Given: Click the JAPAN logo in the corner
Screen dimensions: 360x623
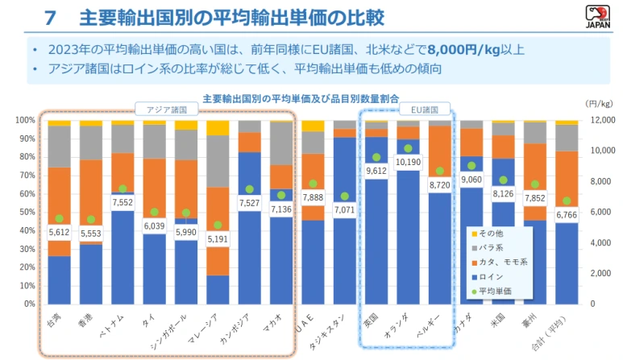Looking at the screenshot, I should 600,15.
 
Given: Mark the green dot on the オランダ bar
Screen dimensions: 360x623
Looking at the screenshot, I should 408,148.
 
